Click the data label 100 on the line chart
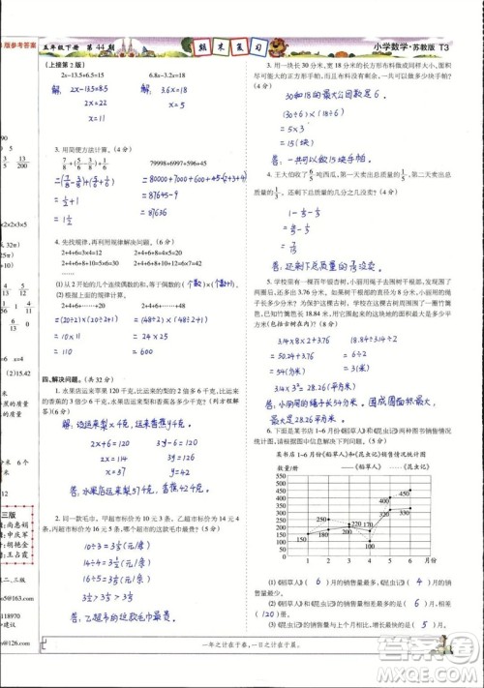click(x=369, y=547)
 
